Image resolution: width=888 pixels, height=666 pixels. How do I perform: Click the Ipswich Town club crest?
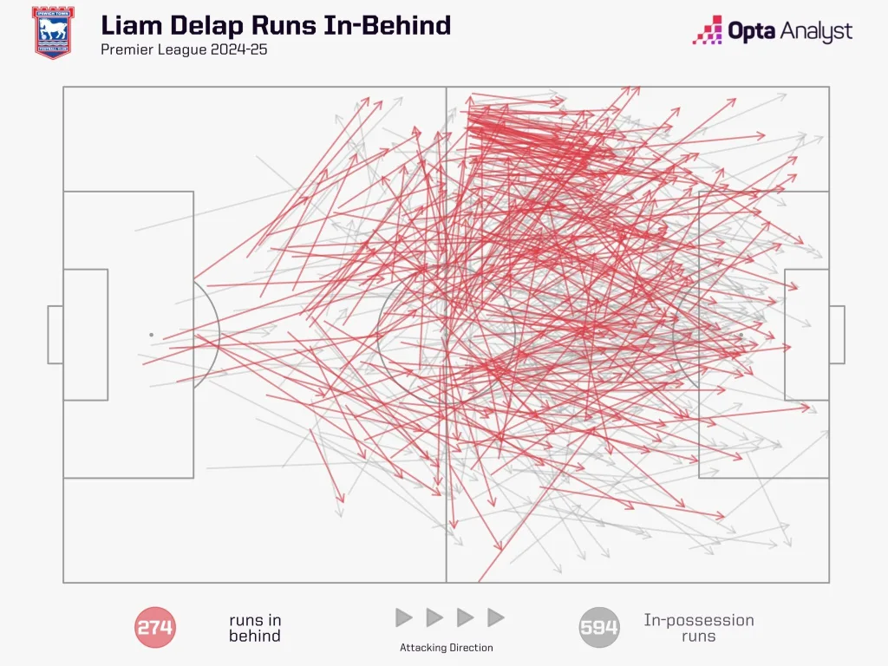tap(53, 32)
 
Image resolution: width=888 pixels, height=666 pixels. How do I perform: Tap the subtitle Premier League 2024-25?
tap(184, 49)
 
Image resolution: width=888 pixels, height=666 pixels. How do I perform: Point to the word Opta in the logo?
tap(752, 32)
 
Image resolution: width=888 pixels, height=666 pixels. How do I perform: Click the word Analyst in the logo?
tap(816, 32)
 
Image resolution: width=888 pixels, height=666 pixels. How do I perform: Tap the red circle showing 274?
tap(154, 627)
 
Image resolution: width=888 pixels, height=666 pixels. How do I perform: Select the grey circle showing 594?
tap(599, 627)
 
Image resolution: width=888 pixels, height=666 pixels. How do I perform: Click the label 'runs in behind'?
tap(255, 628)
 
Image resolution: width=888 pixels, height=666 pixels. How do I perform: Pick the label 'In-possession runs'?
tap(699, 628)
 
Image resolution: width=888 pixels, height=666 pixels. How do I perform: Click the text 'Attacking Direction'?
tap(447, 648)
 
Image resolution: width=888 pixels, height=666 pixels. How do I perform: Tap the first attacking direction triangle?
tap(404, 617)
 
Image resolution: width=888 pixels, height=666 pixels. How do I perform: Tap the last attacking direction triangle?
tap(496, 617)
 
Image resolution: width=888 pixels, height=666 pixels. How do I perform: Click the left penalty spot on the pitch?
tap(151, 335)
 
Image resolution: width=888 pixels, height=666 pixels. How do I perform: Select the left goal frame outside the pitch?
tap(55, 335)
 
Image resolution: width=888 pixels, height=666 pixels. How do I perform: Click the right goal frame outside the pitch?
tap(837, 335)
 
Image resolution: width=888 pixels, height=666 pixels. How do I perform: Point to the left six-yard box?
tap(86, 335)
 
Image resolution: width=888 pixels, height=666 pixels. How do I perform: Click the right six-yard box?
tap(807, 335)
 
